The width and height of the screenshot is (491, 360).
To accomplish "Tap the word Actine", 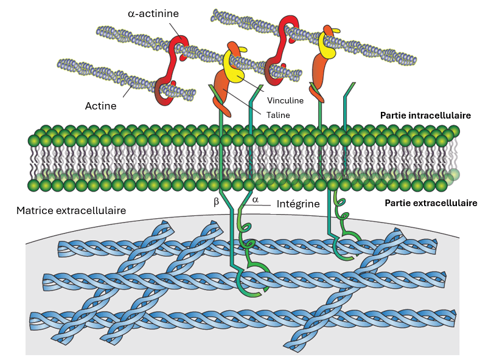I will pyautogui.click(x=100, y=106).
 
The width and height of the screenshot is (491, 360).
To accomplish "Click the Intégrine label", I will pyautogui.click(x=298, y=204).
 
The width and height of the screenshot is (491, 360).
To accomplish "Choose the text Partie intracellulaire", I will pyautogui.click(x=425, y=115).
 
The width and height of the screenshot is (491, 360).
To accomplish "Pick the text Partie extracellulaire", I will pyautogui.click(x=431, y=203).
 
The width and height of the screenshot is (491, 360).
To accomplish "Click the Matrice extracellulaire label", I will pyautogui.click(x=71, y=211).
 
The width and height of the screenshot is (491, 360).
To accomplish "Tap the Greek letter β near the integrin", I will pyautogui.click(x=216, y=202).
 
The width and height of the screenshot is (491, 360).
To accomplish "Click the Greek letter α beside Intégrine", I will pyautogui.click(x=256, y=198).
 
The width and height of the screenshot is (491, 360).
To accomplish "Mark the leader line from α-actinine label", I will pyautogui.click(x=175, y=30).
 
